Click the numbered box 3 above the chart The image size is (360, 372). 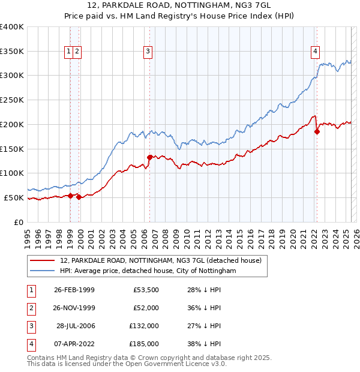(148, 52)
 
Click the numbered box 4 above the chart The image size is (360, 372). (315, 52)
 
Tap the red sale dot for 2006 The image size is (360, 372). (149, 157)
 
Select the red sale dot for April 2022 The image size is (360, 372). (317, 131)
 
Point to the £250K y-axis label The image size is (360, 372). (12, 100)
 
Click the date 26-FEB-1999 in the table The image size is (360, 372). (74, 290)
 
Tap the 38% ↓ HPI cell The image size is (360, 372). (205, 344)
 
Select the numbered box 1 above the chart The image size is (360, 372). (70, 52)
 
